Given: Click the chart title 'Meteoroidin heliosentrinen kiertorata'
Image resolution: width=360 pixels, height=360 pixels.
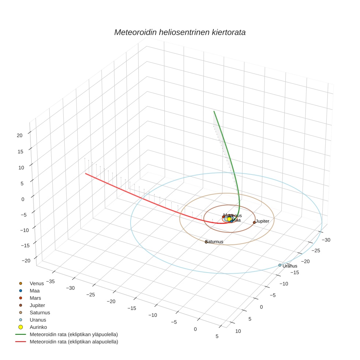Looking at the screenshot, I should [x=180, y=32].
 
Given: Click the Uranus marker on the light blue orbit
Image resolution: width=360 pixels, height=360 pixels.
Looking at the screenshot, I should [x=280, y=265].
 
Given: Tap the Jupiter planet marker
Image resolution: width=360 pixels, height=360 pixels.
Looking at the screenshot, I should [x=254, y=222].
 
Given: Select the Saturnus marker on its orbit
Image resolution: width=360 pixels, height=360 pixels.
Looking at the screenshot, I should [x=206, y=242].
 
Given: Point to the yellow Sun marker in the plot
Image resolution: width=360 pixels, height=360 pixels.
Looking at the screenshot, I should [x=229, y=219].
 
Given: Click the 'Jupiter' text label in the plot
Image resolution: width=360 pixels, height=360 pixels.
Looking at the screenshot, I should [x=263, y=221].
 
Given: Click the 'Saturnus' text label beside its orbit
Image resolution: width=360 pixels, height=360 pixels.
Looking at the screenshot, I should [x=215, y=242].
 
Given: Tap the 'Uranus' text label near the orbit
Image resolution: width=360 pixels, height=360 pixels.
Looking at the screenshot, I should [x=290, y=266].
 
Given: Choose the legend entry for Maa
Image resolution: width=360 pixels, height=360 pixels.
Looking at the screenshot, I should [x=35, y=290].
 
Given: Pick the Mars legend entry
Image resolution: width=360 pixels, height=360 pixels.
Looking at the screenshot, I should [x=35, y=298].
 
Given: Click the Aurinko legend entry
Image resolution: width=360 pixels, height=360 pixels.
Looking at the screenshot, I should [x=38, y=327].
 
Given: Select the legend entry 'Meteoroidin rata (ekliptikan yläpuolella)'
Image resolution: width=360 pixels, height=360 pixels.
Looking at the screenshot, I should [x=74, y=334].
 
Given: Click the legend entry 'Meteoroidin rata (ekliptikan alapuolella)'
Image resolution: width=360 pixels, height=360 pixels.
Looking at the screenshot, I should [x=74, y=342].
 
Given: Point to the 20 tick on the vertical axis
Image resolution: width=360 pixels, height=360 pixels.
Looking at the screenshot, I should [x=20, y=135].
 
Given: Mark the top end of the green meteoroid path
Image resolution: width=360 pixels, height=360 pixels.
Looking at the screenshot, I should [x=214, y=111].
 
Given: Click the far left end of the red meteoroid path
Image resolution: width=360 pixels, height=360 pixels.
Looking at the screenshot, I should [x=86, y=173].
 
